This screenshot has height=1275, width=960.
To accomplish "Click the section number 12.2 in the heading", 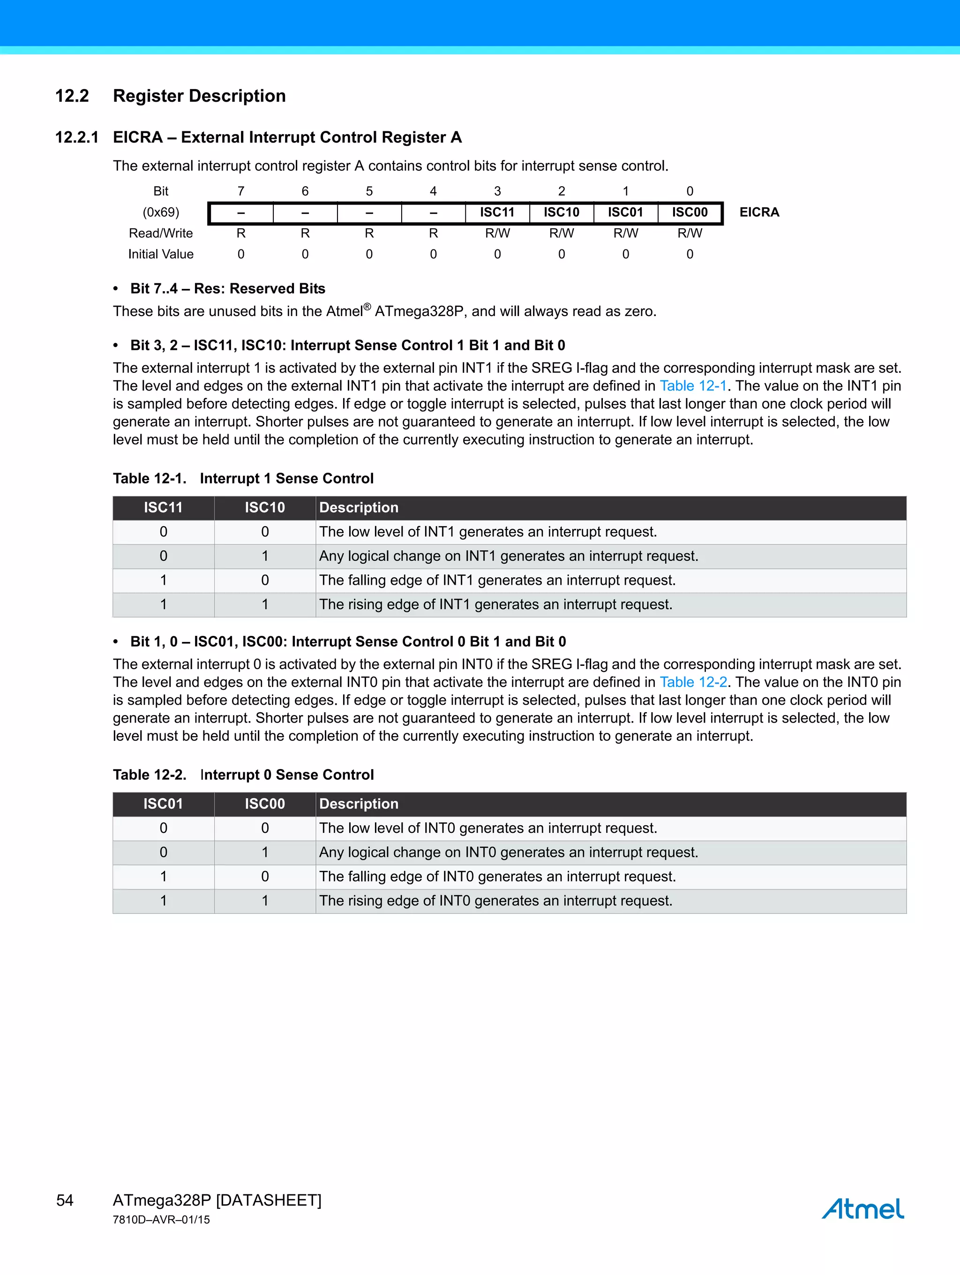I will coord(72,96).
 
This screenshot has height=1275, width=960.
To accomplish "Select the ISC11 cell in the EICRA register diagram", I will coord(497,213).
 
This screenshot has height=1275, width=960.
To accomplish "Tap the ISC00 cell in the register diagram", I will coord(689,213).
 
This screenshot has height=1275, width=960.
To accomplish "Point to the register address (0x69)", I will coord(161,213).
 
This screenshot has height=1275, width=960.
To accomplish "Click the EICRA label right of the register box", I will coord(759,213).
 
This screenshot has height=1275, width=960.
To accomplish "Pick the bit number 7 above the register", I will coord(241,191).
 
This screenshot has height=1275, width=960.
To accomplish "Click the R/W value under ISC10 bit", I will coord(561,234).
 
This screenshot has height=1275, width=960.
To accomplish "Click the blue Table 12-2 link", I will coord(693,682).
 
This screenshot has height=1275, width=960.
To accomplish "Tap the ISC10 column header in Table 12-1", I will coord(264,508).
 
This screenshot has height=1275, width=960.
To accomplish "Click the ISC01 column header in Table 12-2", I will coord(163,804).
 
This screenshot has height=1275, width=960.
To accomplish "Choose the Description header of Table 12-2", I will coord(359,804).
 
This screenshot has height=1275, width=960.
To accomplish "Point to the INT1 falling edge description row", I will coord(497,581).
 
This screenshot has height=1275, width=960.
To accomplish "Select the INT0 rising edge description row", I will coord(495,901).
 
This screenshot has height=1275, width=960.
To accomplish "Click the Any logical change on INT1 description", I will coord(508,556).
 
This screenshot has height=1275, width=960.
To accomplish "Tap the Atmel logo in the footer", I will coord(862,1209).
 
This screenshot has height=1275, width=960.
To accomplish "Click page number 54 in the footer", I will coord(65,1200).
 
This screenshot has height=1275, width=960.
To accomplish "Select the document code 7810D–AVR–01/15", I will coord(161,1220).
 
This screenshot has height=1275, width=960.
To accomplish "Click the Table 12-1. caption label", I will coord(149,479).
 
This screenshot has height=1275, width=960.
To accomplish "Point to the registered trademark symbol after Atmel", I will coord(367,307).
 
